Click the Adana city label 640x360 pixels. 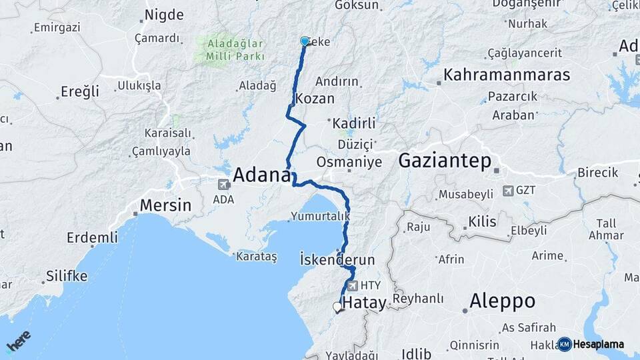pos(262,175)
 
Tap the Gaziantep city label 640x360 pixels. pos(445,161)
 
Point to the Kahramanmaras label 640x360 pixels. pos(507,74)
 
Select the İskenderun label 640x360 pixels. pos(337,259)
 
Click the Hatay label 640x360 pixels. pos(364,303)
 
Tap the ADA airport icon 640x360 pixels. pos(223,183)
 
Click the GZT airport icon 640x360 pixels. pos(508,191)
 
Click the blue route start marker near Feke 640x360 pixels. pos(305,41)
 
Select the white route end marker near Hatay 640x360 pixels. pos(337,307)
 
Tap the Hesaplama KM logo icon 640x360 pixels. pos(565,344)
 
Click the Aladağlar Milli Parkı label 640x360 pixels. pos(229,50)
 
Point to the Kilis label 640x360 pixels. pos(482,221)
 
